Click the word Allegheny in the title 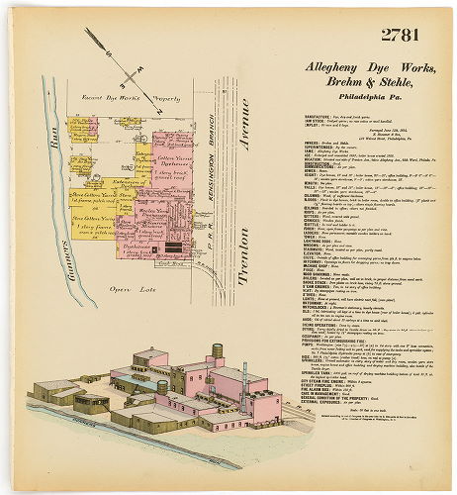[319, 72]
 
